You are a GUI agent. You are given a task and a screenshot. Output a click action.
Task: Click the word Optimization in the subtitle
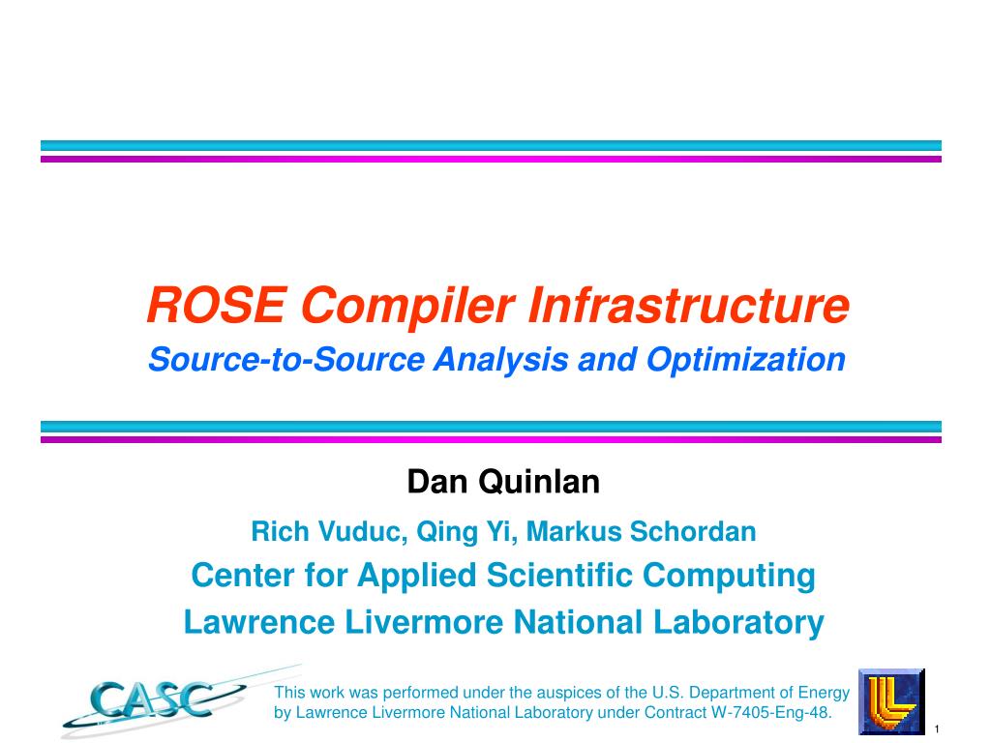[x=746, y=360]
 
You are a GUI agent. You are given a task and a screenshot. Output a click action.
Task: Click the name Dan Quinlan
[x=503, y=481]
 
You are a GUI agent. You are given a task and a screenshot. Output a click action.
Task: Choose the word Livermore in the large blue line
[x=425, y=622]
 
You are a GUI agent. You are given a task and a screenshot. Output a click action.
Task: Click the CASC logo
[x=155, y=698]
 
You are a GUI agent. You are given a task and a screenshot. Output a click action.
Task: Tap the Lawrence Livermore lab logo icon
[x=891, y=700]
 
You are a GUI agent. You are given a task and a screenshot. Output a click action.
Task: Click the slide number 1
[x=937, y=728]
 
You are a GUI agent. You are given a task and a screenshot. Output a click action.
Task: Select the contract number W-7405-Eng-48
[x=770, y=713]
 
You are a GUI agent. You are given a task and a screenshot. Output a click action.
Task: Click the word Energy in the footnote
[x=824, y=693]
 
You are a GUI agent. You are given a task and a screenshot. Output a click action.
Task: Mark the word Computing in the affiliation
[x=731, y=576]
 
